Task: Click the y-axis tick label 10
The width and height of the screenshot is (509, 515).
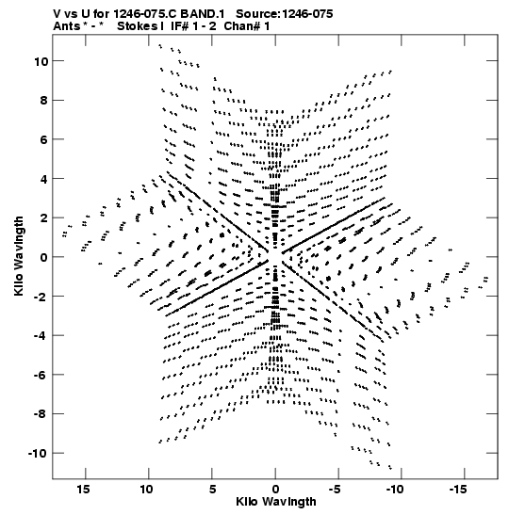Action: (41, 61)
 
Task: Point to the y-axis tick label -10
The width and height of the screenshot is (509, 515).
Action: (38, 453)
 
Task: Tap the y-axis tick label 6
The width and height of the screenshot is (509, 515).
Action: (44, 139)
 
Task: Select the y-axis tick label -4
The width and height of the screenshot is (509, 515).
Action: (41, 336)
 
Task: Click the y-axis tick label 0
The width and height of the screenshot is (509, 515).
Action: (44, 257)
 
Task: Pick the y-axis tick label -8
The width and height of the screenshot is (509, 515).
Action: (41, 414)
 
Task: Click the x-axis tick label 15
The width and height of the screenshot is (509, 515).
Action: (83, 490)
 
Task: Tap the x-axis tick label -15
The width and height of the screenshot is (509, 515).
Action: (458, 490)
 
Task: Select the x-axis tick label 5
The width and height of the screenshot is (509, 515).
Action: (212, 490)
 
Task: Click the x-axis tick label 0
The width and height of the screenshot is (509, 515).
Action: (275, 490)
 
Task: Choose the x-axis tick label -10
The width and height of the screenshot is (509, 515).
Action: (395, 490)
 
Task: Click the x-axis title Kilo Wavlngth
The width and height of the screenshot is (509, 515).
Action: (276, 502)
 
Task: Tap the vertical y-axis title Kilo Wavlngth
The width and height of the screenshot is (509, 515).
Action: (19, 256)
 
